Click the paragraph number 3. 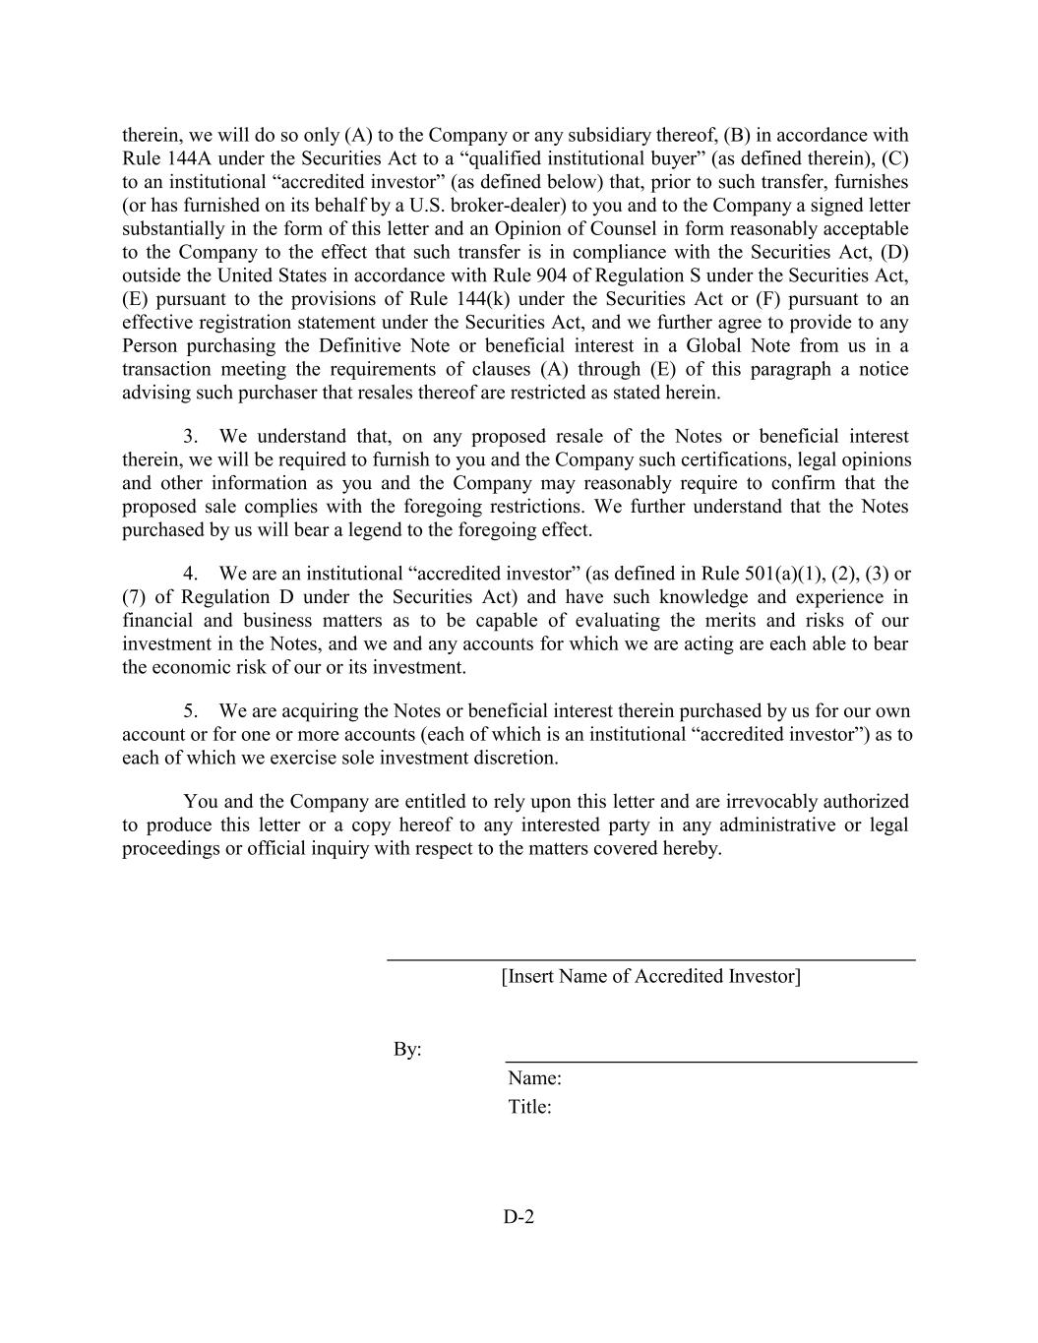click(x=190, y=436)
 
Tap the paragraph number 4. click(x=190, y=574)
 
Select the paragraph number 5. click(x=190, y=711)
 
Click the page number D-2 click(x=519, y=1217)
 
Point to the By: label click(x=407, y=1050)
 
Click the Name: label click(x=534, y=1078)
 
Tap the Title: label click(x=529, y=1107)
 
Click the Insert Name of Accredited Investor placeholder click(x=650, y=976)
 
